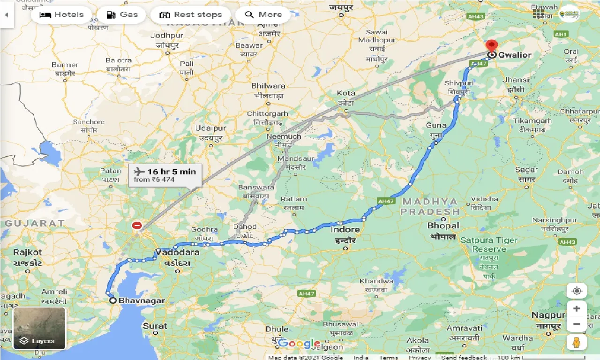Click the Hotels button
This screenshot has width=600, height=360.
click(61, 15)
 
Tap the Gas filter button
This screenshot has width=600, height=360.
click(121, 15)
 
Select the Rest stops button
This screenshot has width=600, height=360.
click(190, 15)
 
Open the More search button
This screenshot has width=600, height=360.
click(263, 15)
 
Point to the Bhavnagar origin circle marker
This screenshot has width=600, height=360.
click(112, 300)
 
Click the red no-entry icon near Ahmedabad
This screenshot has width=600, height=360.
click(137, 225)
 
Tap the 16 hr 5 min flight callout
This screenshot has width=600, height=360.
click(165, 175)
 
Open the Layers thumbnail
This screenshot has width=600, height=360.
click(39, 328)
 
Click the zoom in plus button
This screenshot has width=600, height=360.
click(577, 308)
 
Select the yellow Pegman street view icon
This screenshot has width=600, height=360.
click(577, 342)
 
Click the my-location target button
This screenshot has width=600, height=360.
click(577, 291)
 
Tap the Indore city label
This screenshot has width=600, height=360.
click(345, 230)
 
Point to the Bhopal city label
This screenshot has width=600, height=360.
click(443, 226)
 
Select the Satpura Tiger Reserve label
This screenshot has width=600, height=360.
click(488, 244)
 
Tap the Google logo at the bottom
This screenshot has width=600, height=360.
click(299, 344)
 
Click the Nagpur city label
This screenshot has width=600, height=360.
click(548, 315)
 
